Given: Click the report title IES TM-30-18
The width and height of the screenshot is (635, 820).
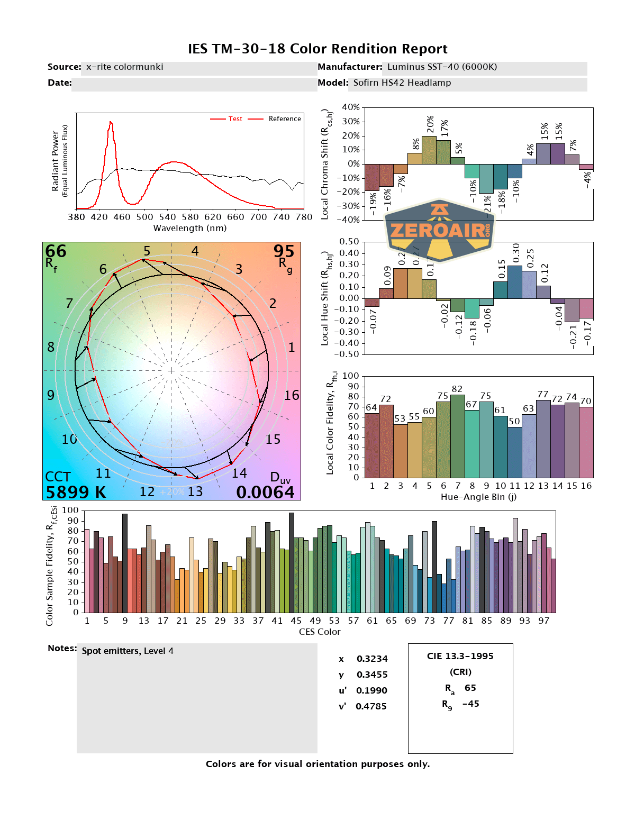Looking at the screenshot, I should [x=317, y=49].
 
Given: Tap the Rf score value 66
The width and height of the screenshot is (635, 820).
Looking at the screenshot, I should [x=56, y=251].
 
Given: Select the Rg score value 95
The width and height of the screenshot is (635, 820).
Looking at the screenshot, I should [x=284, y=251].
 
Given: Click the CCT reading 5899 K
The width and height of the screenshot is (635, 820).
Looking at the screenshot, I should [x=76, y=493].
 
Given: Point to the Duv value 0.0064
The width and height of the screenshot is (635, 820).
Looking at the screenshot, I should [x=265, y=493].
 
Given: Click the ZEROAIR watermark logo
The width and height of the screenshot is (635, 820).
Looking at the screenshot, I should [x=439, y=230].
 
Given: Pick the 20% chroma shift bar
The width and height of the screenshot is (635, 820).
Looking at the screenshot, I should [x=429, y=150].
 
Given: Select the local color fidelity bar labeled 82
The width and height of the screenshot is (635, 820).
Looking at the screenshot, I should [x=457, y=436].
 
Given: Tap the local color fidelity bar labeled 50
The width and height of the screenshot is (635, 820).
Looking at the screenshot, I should [x=514, y=452].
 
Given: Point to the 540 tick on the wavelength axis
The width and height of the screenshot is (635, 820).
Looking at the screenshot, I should [x=167, y=217].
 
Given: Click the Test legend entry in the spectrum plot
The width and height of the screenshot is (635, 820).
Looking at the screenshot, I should [x=235, y=119].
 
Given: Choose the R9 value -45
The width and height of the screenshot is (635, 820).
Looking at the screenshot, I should [x=470, y=704].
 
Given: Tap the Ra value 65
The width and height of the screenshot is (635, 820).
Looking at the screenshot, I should [x=470, y=688].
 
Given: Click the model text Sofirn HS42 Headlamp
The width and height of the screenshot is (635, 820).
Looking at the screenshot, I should [x=402, y=83].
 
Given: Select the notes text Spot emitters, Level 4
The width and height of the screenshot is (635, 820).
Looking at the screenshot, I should [x=128, y=651].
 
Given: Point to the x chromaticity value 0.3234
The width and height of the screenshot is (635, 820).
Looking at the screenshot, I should [x=372, y=659].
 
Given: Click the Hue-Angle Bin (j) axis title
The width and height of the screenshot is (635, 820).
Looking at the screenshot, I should [x=478, y=497].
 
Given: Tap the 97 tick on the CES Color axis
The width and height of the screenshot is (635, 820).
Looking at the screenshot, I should [x=543, y=621].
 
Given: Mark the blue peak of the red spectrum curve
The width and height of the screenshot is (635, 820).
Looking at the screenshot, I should [x=111, y=123].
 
